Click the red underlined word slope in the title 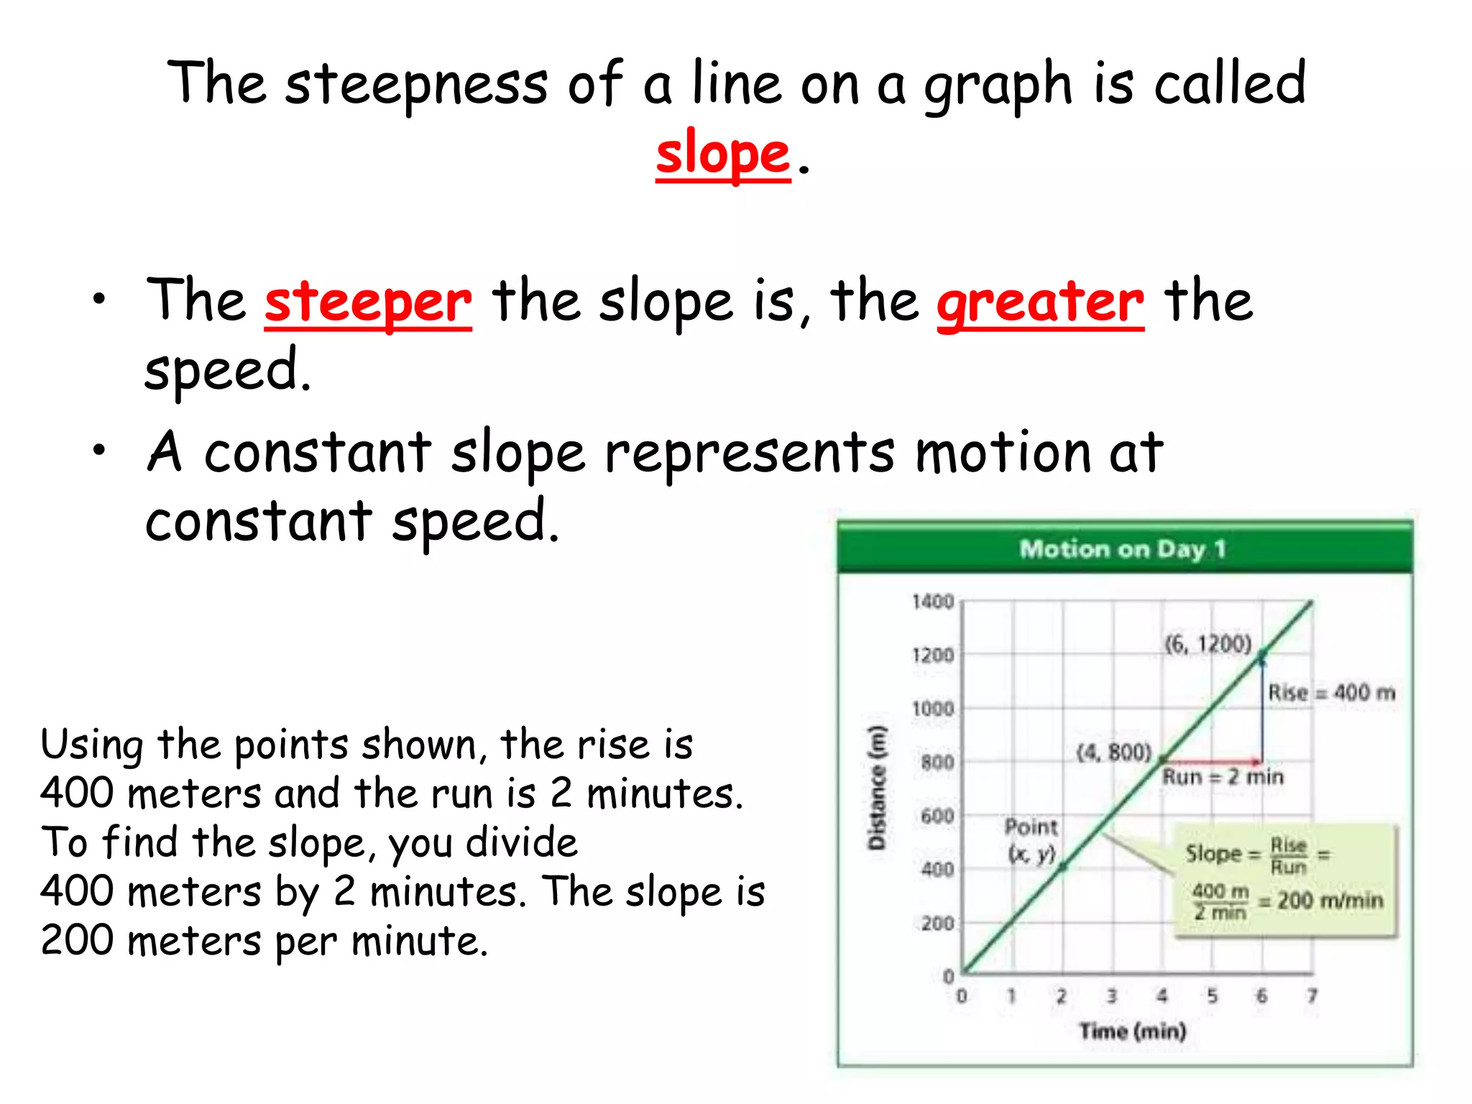point(722,154)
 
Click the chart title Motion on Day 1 point(1122,549)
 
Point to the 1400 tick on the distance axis point(933,602)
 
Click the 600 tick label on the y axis point(937,816)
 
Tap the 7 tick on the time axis point(1312,996)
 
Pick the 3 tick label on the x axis point(1111,996)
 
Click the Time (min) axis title point(1132,1031)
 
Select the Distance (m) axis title point(877,788)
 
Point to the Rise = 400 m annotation point(1331,693)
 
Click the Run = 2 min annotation point(1223,777)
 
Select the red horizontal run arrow point(1212,760)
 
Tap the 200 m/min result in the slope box point(1330,901)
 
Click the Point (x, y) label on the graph point(1031,839)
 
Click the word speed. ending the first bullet point(228,370)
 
